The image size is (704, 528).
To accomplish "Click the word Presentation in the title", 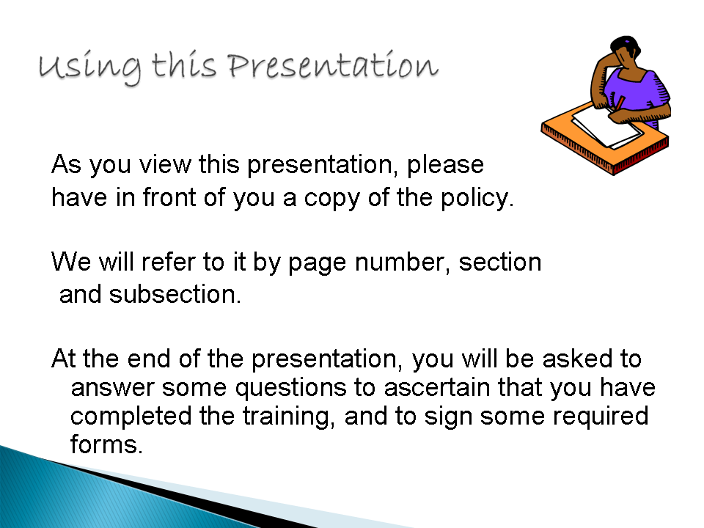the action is pos(333,66).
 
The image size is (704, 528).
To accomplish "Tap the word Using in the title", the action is pos(89,68).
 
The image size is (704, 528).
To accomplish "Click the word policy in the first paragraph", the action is pos(477,198).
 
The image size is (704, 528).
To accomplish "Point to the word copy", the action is pos(331,199).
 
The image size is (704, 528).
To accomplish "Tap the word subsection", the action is pos(175,295).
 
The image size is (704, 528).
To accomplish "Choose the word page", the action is pos(317,263).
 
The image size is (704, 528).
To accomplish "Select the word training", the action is pos(289,417).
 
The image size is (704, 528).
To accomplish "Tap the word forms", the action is pos(106,444).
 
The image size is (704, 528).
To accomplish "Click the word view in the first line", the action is pos(165,164).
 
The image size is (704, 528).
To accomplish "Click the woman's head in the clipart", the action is pos(626,51).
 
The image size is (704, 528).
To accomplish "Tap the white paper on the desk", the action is pos(606,125).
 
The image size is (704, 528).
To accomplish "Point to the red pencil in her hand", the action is pos(620,103).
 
